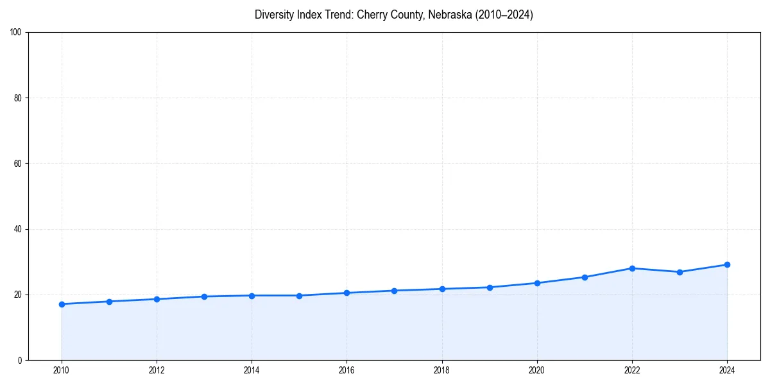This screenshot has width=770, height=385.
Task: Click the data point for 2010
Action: pyautogui.click(x=62, y=304)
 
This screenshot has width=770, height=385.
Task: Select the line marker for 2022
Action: pyautogui.click(x=632, y=268)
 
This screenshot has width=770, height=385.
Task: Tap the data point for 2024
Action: pyautogui.click(x=727, y=264)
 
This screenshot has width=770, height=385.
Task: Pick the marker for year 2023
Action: pyautogui.click(x=680, y=272)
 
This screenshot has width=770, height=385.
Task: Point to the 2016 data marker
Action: pyautogui.click(x=346, y=293)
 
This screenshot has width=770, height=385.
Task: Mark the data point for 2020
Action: pyautogui.click(x=537, y=283)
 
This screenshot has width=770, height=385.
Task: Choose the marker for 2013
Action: pyautogui.click(x=204, y=296)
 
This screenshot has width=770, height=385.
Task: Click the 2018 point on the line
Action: pyautogui.click(x=441, y=289)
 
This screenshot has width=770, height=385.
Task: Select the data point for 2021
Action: pyautogui.click(x=585, y=277)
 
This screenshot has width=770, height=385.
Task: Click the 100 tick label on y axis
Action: pyautogui.click(x=17, y=33)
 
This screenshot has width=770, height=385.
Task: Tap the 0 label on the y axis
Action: pyautogui.click(x=21, y=360)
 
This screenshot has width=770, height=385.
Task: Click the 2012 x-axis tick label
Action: pyautogui.click(x=157, y=370)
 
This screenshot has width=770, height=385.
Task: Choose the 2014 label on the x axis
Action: pyautogui.click(x=252, y=370)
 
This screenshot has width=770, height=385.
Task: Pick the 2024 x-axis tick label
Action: pyautogui.click(x=727, y=370)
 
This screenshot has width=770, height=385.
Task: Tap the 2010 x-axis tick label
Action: pyautogui.click(x=62, y=370)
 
